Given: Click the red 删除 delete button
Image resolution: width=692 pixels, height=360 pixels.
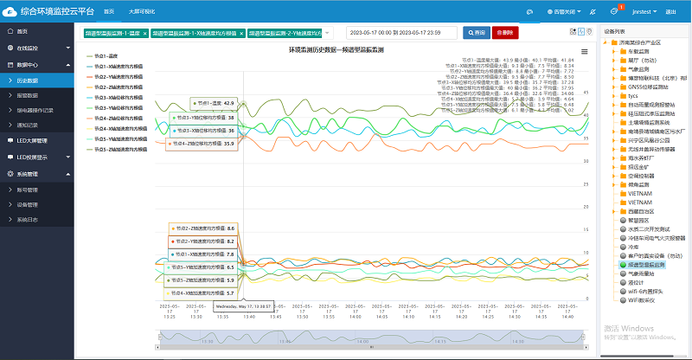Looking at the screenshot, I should (x=505, y=32).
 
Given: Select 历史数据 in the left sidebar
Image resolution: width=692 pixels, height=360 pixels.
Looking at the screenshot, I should (x=28, y=80).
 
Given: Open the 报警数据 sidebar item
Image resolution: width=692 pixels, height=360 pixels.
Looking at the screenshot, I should (x=28, y=95).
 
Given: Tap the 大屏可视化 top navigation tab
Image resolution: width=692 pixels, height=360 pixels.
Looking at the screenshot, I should (x=143, y=12).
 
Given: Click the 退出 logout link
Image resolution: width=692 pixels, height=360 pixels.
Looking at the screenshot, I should (x=672, y=12).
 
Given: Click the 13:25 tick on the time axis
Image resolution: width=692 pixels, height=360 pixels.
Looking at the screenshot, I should (x=170, y=315).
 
